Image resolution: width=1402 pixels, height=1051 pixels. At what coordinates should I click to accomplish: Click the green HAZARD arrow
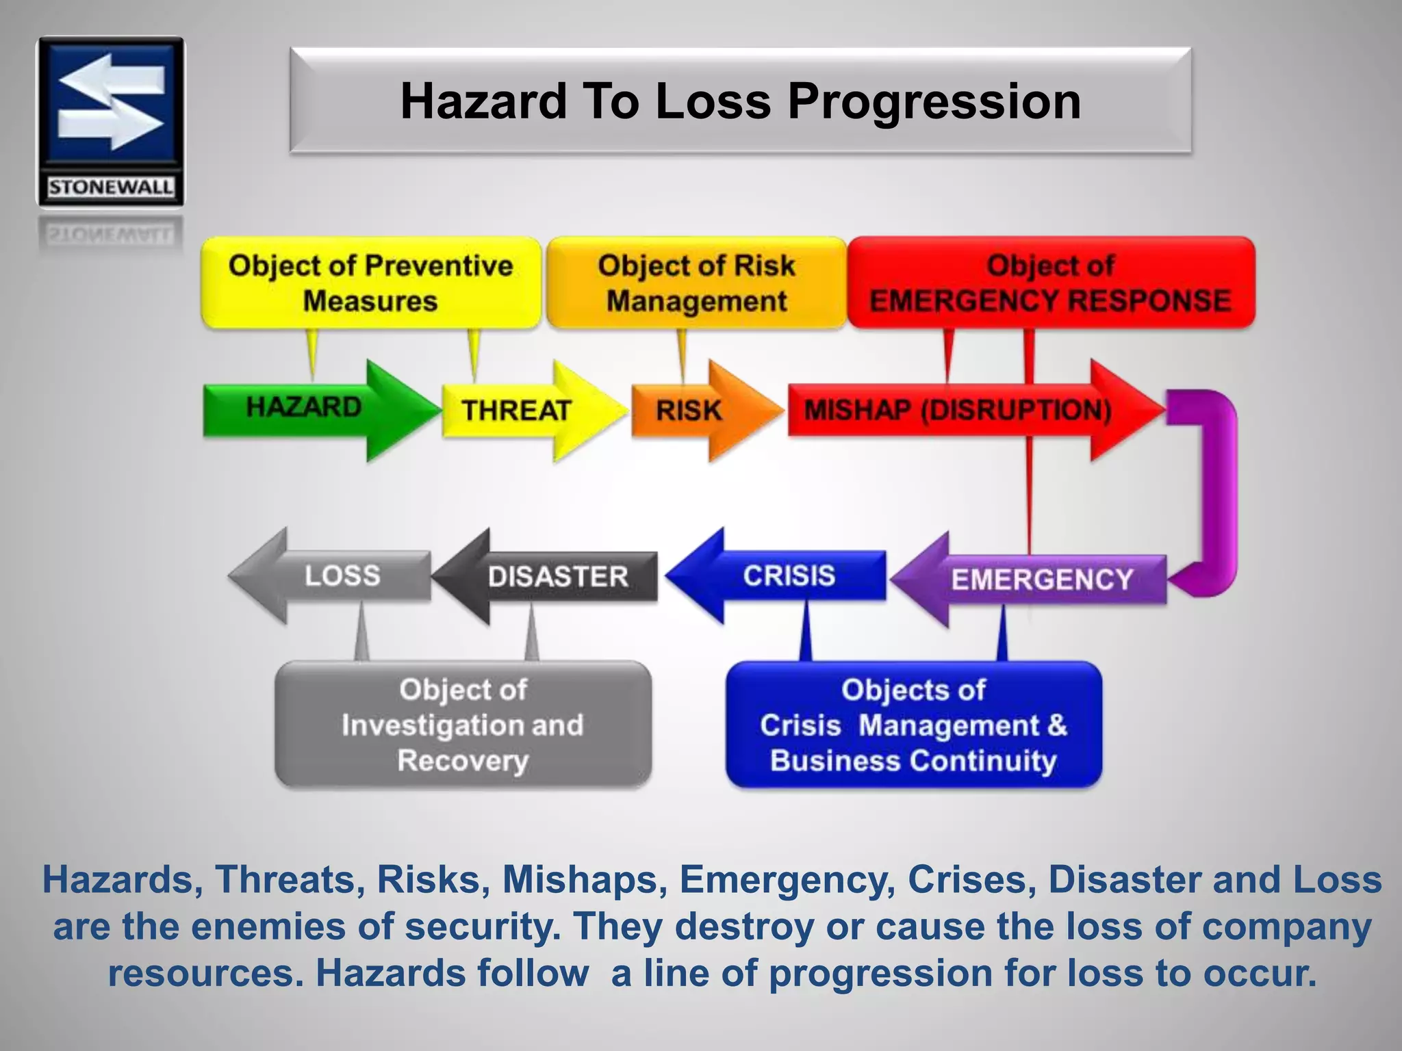305,408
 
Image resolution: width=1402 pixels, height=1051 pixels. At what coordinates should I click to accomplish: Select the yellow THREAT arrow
517,411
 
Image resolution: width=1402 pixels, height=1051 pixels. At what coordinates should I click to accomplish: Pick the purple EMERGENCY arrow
1041,580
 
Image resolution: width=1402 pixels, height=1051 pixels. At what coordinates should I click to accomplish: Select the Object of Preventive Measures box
370,283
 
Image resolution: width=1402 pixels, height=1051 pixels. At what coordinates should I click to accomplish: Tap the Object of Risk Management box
696,283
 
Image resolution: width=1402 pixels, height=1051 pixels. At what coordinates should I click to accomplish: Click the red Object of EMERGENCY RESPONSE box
1050,283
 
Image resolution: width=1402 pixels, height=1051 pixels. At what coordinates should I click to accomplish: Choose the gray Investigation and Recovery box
463,725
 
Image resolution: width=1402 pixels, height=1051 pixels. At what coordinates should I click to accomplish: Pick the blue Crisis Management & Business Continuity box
913,725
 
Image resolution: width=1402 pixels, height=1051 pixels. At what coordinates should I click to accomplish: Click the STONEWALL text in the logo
111,187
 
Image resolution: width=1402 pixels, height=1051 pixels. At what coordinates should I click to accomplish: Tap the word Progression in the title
934,101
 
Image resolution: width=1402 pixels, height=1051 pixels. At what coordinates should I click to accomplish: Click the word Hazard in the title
484,101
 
